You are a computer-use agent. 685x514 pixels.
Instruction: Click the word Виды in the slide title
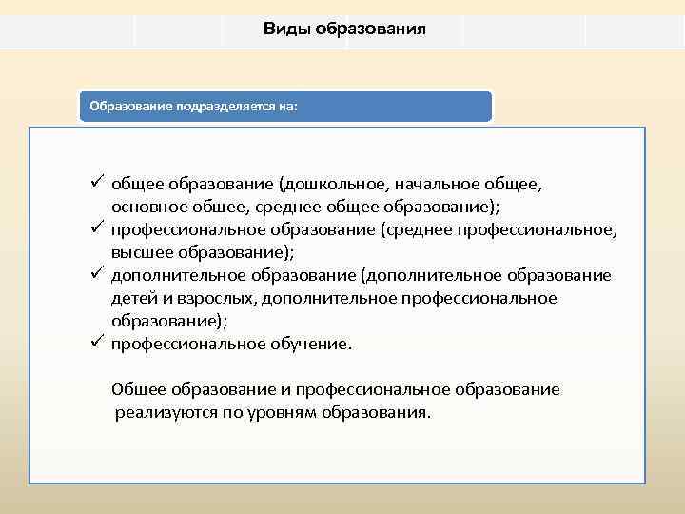pyautogui.click(x=284, y=29)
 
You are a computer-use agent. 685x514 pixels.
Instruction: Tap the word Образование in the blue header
pyautogui.click(x=129, y=107)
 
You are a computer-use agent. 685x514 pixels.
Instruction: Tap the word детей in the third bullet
pyautogui.click(x=132, y=298)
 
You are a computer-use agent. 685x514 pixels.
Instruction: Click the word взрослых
pyautogui.click(x=213, y=298)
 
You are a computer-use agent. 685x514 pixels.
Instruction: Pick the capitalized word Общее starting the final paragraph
pyautogui.click(x=139, y=389)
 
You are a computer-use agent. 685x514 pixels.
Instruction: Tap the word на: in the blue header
pyautogui.click(x=286, y=107)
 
